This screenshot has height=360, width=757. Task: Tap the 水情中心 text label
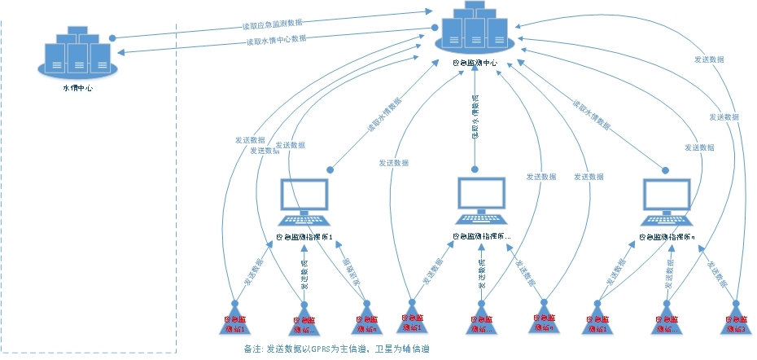77,88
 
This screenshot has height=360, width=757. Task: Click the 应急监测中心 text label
475,64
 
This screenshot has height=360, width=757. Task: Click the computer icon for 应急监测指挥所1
304,200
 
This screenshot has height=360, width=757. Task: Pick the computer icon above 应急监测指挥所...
482,200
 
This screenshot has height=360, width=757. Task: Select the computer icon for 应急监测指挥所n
668,200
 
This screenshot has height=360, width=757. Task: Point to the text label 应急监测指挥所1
305,238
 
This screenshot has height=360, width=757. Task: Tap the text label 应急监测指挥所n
668,238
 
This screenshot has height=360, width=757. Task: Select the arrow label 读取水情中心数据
277,39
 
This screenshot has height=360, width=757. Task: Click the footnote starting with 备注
337,349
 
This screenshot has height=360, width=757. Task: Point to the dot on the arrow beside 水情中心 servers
113,37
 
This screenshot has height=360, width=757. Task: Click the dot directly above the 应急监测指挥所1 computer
330,169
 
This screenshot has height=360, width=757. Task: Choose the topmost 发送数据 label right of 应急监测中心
710,59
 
